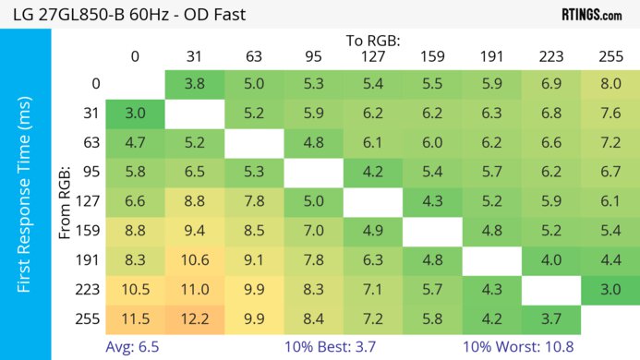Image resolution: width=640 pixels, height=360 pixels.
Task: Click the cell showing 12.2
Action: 195,320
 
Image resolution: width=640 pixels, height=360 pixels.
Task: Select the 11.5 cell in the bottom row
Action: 135,320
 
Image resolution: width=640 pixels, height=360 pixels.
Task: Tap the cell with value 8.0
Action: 610,84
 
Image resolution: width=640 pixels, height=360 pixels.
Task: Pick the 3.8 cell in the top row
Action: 195,84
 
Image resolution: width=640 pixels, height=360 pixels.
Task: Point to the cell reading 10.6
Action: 195,261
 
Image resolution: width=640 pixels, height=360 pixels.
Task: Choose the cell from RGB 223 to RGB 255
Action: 610,291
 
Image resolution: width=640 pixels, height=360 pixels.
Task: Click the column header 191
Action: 491,57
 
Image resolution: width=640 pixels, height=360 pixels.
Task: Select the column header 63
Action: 254,57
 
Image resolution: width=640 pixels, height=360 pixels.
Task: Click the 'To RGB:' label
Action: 373,41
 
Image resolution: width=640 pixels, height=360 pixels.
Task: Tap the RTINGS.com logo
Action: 592,14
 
